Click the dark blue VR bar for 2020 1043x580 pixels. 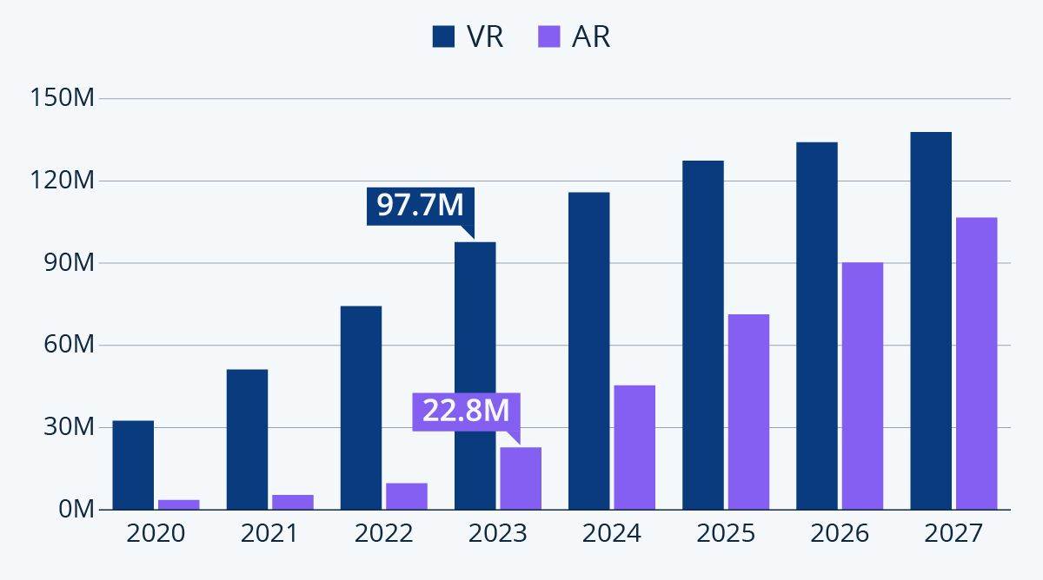pyautogui.click(x=133, y=465)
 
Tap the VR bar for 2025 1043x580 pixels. pyautogui.click(x=702, y=334)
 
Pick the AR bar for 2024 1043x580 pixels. pyautogui.click(x=634, y=447)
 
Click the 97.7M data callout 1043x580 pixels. pyautogui.click(x=420, y=206)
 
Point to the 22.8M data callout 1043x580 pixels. pyautogui.click(x=465, y=411)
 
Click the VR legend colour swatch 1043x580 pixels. pyautogui.click(x=444, y=36)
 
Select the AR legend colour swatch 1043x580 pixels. pyautogui.click(x=548, y=36)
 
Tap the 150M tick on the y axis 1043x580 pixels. pyautogui.click(x=62, y=99)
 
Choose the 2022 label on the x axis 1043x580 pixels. pyautogui.click(x=383, y=533)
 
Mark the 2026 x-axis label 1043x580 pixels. pyautogui.click(x=839, y=533)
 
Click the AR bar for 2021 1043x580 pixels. pyautogui.click(x=293, y=502)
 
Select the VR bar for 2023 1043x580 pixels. pyautogui.click(x=475, y=375)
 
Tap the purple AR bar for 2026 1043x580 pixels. pyautogui.click(x=862, y=386)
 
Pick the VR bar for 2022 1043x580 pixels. pyautogui.click(x=361, y=407)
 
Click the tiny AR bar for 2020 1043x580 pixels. pyautogui.click(x=179, y=504)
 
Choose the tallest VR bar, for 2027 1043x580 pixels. pyautogui.click(x=931, y=320)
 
